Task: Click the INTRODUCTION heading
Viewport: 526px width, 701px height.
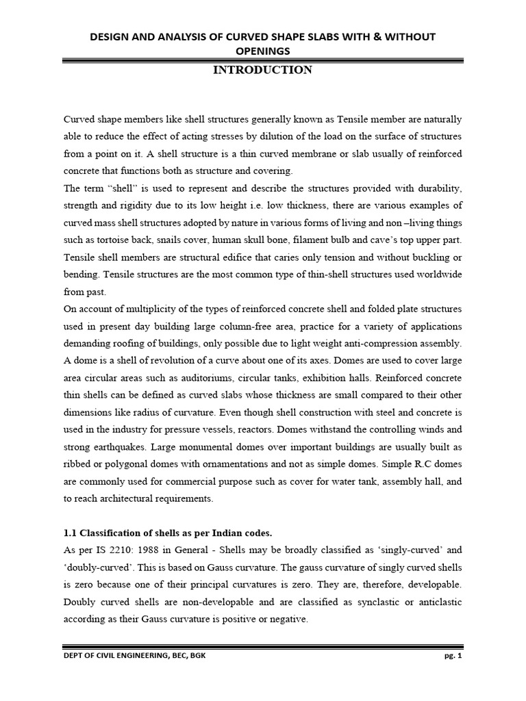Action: point(263,70)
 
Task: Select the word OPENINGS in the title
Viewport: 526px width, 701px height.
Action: point(263,51)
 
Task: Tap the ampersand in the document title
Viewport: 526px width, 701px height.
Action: point(374,36)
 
